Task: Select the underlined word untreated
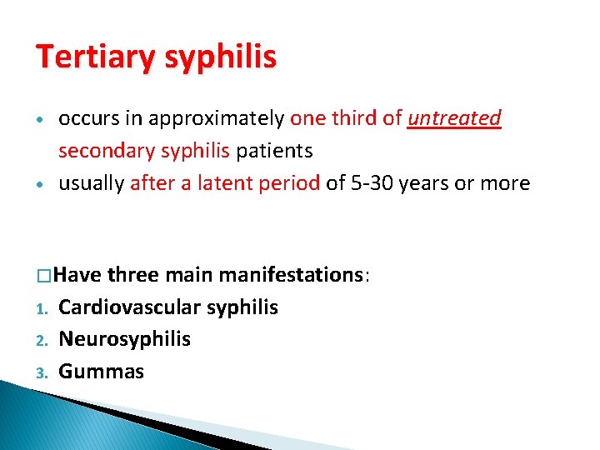(x=454, y=118)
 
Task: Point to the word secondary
(x=103, y=151)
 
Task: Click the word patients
(x=274, y=151)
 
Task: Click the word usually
(x=91, y=182)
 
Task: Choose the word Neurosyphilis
(x=125, y=339)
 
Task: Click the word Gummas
(x=102, y=371)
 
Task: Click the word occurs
(x=86, y=118)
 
